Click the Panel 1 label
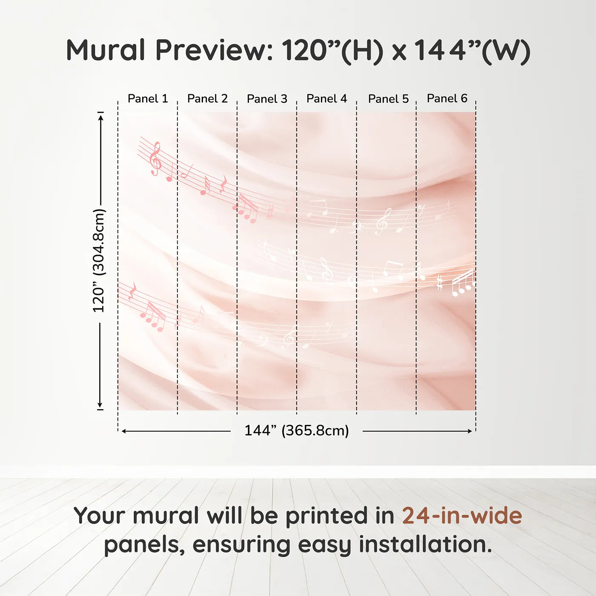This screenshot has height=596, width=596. point(148,99)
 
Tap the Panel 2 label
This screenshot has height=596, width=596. point(207,99)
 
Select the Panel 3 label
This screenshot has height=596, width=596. point(267,99)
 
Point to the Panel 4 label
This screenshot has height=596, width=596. point(327,99)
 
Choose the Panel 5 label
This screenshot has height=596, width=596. point(388,99)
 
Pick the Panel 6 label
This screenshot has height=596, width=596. point(447,98)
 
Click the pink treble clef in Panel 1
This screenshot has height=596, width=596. point(155,158)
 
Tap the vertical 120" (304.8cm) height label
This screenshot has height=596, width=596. point(99,261)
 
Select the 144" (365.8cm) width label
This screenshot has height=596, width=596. point(296,430)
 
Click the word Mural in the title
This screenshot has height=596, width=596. point(106,50)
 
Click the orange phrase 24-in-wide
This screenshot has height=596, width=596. point(462,515)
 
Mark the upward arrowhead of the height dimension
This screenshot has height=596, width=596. point(100,118)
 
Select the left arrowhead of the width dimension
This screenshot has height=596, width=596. point(124,431)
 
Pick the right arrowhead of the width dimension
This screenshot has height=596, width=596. point(470,431)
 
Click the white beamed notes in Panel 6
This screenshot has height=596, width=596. point(463,283)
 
